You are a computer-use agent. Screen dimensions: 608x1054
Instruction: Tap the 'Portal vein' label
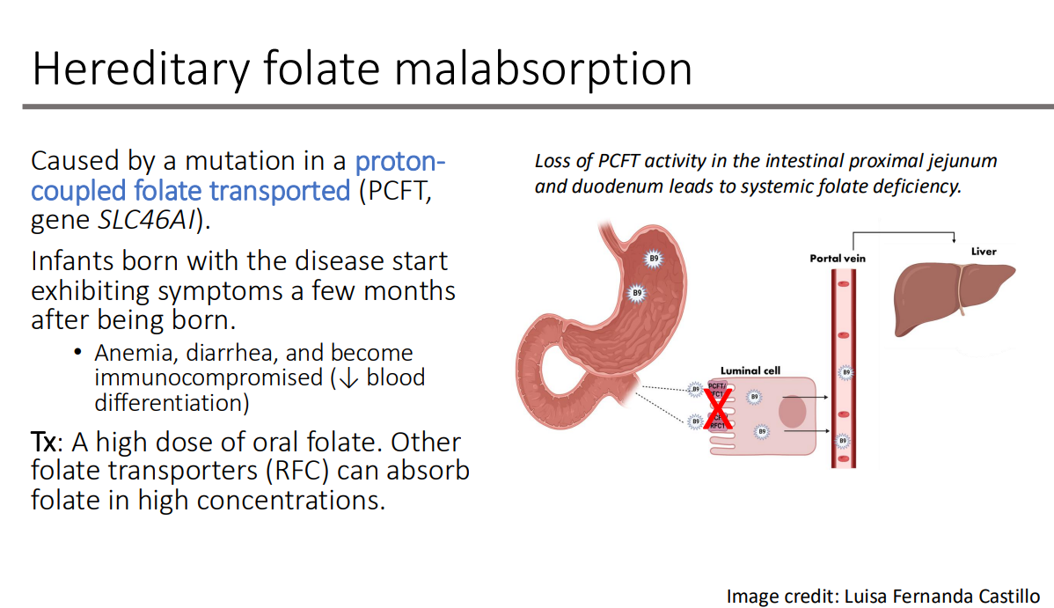pyautogui.click(x=838, y=259)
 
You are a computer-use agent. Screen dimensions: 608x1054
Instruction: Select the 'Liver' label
pyautogui.click(x=984, y=252)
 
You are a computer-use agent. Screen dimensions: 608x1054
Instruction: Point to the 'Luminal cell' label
pyautogui.click(x=750, y=371)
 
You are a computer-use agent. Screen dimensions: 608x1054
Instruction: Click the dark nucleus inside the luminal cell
pyautogui.click(x=792, y=413)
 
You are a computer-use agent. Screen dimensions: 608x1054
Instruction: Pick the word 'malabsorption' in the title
pyautogui.click(x=543, y=69)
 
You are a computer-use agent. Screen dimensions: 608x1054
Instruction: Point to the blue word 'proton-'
pyautogui.click(x=400, y=162)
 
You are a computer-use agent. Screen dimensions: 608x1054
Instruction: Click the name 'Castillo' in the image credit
pyautogui.click(x=1007, y=596)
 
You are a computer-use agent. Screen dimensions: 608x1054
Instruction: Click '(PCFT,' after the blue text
pyautogui.click(x=395, y=191)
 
